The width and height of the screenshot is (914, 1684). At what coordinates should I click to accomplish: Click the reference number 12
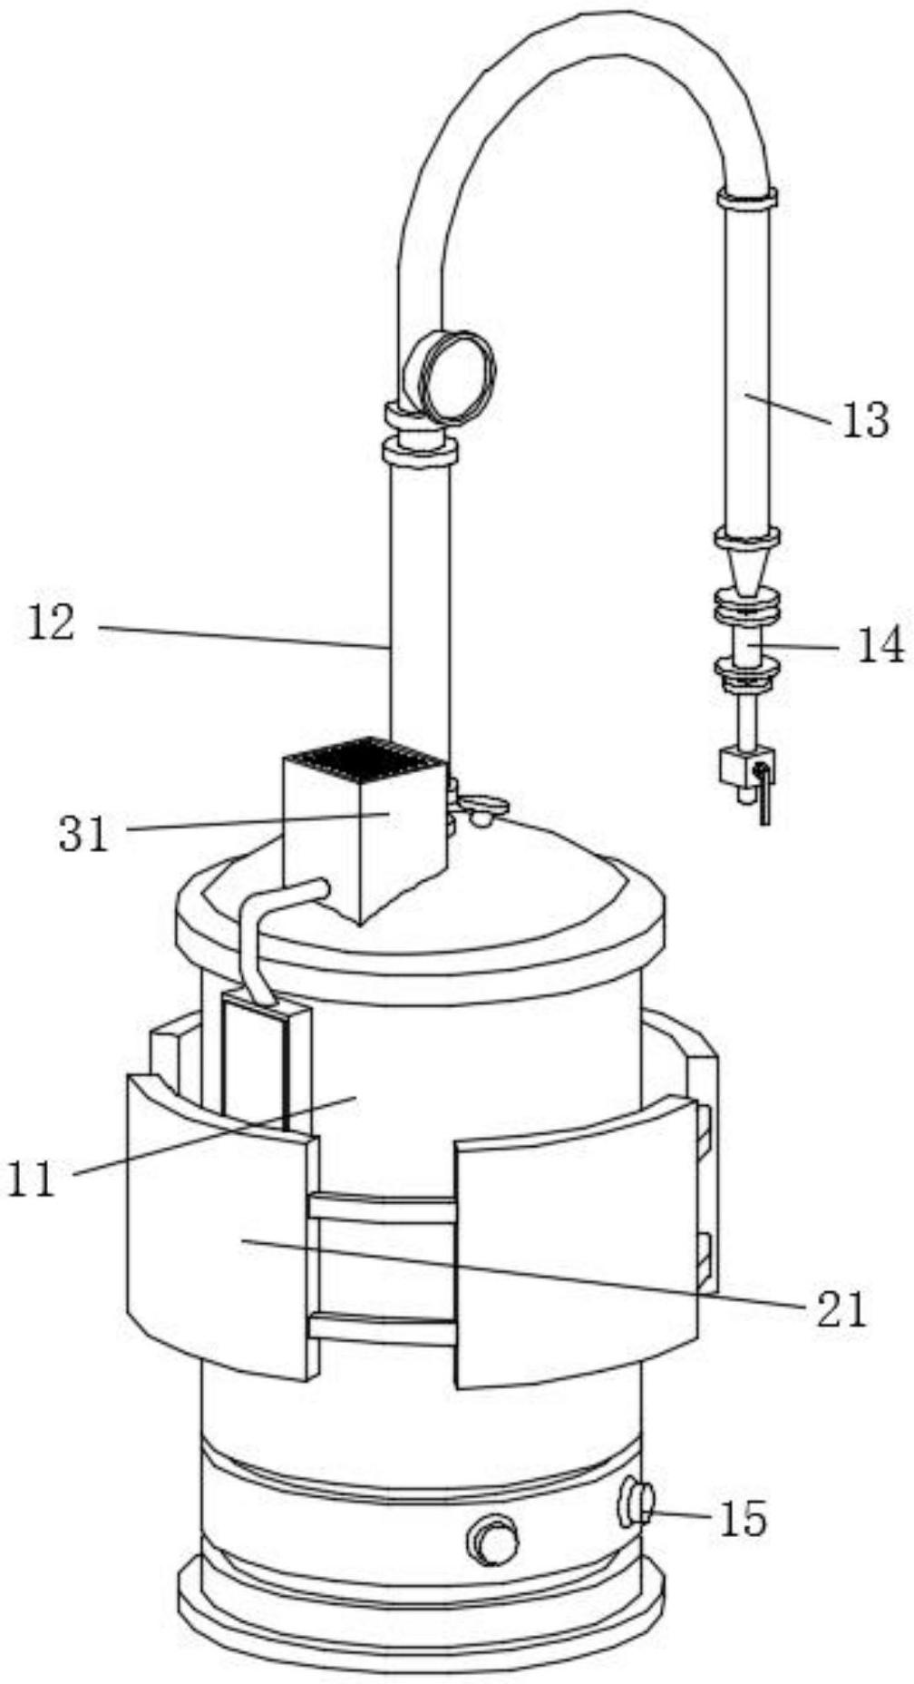(51, 623)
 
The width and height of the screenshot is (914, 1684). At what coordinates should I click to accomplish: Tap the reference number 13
(865, 420)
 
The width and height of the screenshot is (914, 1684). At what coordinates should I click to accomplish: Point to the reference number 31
(83, 833)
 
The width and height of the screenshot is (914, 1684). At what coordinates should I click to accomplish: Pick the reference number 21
(841, 1309)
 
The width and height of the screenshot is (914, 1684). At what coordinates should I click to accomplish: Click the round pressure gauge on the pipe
(450, 376)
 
